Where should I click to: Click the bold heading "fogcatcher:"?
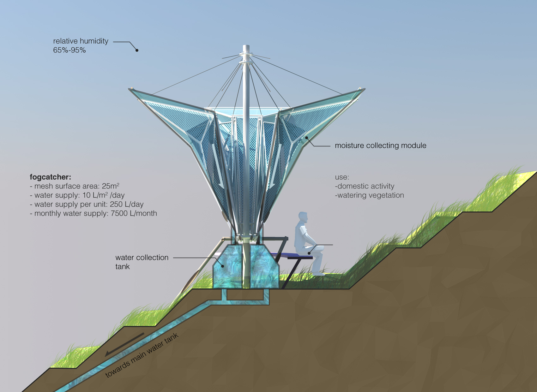[x=50, y=177]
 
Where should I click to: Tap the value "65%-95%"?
[x=69, y=50]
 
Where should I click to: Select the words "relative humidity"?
[x=81, y=41]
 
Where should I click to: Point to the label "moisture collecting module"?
[x=380, y=146]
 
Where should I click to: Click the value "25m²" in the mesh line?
[x=111, y=186]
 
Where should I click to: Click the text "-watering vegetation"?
[x=369, y=195]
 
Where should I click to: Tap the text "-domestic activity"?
[x=365, y=186]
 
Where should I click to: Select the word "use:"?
[x=342, y=177]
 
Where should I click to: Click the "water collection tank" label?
[x=142, y=262]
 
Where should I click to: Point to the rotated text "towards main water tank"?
[x=142, y=356]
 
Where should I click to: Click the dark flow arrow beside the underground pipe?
[x=124, y=344]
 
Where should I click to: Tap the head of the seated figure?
[x=303, y=217]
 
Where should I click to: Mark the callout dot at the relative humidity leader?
[x=137, y=50]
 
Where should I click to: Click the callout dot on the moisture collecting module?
[x=306, y=138]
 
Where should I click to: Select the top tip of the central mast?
[x=246, y=46]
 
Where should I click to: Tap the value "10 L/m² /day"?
[x=104, y=195]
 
